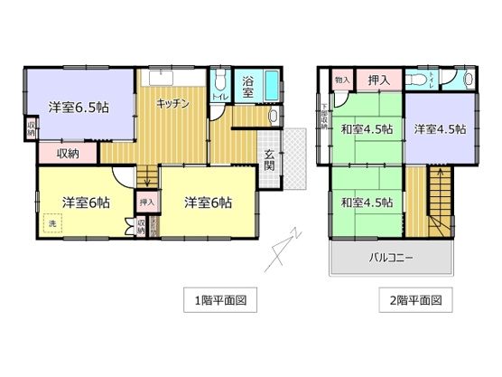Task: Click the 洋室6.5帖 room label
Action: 79,106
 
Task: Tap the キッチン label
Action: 173,104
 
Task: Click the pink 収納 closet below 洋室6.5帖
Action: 68,154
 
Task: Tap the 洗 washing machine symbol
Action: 51,222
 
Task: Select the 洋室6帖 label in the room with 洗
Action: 86,203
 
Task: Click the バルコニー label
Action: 390,258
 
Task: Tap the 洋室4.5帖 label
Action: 440,129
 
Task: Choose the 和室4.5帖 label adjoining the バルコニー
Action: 367,201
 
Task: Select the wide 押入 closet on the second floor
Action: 379,81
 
